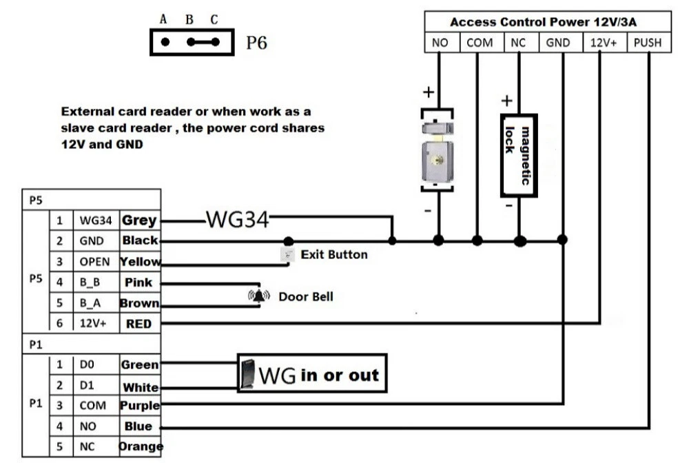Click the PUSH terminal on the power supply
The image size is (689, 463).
click(x=647, y=43)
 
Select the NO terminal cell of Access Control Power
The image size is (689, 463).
click(x=440, y=43)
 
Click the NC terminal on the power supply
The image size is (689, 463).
click(x=518, y=43)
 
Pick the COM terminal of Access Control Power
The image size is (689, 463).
click(x=480, y=43)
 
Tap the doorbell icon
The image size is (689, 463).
click(x=259, y=296)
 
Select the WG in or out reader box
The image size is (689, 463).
click(x=311, y=374)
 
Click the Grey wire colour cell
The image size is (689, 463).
click(x=139, y=221)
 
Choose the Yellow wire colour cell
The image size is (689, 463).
click(x=139, y=262)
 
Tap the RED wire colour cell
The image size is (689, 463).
click(x=139, y=323)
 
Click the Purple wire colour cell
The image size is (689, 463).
click(x=139, y=405)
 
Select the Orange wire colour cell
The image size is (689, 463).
click(x=139, y=446)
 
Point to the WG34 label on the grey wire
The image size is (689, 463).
click(x=236, y=220)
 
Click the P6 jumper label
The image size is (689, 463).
click(x=256, y=43)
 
